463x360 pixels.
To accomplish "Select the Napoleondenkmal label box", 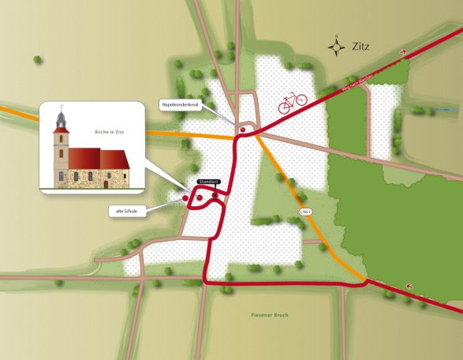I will click(182, 103).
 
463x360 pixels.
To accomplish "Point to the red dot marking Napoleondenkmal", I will click(243, 129).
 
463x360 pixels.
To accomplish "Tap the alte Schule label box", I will click(127, 211).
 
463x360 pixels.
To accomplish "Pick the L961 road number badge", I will click(308, 213).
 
